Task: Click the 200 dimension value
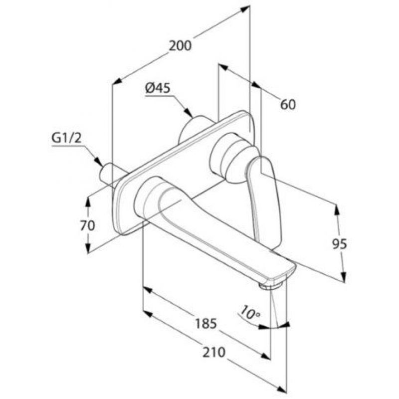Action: [180, 46]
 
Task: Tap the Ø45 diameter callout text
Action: [158, 88]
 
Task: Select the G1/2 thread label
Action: [67, 139]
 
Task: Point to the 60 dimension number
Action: [288, 105]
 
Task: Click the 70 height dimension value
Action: [88, 225]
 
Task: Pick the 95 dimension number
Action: [340, 244]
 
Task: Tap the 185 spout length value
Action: [206, 324]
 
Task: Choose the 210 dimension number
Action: [214, 353]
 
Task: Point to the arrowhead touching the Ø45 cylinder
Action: [189, 113]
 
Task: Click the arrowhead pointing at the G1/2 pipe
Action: [98, 161]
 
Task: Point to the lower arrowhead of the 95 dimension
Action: [343, 277]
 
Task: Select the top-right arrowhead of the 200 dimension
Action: [244, 8]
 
